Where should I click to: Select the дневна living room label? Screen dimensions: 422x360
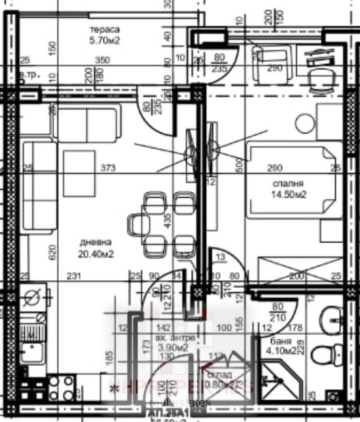click(95, 243)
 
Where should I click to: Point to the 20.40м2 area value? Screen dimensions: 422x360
click(96, 254)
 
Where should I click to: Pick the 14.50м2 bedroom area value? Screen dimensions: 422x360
click(289, 195)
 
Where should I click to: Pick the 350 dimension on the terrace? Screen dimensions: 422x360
click(102, 60)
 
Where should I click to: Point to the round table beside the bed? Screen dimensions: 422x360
click(305, 124)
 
